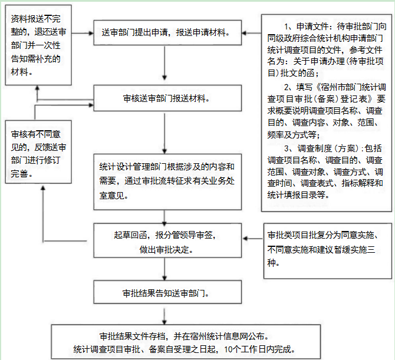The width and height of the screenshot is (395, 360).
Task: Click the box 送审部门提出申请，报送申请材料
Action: (167, 33)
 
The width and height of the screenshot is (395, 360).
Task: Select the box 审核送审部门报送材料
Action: (167, 98)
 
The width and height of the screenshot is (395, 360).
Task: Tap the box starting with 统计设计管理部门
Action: (167, 181)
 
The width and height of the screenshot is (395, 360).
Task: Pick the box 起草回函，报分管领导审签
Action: (167, 240)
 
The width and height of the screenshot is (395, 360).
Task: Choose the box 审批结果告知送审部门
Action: (167, 292)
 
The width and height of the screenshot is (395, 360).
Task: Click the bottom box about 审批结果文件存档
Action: (186, 342)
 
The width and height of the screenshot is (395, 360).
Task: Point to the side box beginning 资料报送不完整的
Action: (38, 45)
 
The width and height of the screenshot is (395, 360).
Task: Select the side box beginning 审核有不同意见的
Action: (38, 152)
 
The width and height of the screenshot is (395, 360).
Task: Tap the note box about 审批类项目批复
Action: (328, 251)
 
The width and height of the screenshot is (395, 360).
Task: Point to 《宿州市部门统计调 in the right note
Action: (350, 87)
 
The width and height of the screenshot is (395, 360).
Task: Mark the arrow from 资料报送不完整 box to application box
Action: (83, 33)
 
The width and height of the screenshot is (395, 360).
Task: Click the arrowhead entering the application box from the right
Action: (244, 33)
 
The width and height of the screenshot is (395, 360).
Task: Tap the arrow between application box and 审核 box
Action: (164, 63)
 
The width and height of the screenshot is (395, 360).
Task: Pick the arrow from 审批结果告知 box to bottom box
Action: (164, 316)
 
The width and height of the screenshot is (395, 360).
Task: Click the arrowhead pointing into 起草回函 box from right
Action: (245, 239)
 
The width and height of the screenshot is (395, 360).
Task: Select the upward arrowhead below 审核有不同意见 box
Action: (43, 188)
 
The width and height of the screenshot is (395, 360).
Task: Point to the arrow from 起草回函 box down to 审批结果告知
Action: (164, 269)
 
